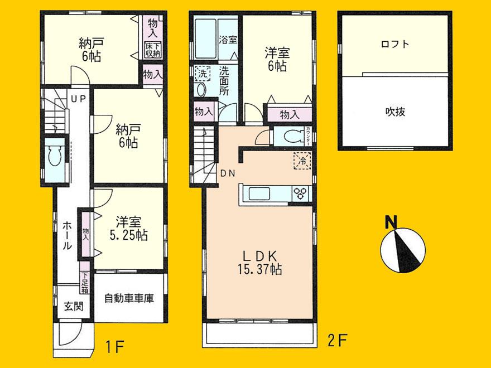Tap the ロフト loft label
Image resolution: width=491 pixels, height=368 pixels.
(x=395, y=44)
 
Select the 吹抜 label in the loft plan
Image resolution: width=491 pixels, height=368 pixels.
(x=395, y=111)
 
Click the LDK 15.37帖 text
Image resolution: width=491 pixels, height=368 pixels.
(x=261, y=262)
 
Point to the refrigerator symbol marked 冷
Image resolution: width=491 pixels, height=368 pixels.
(x=301, y=159)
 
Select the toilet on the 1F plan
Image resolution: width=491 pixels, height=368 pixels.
(x=54, y=156)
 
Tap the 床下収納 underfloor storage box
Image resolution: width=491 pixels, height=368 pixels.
(x=153, y=49)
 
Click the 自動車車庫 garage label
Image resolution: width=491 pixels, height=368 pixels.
(x=129, y=298)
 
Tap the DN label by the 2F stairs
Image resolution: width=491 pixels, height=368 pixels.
(x=227, y=173)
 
